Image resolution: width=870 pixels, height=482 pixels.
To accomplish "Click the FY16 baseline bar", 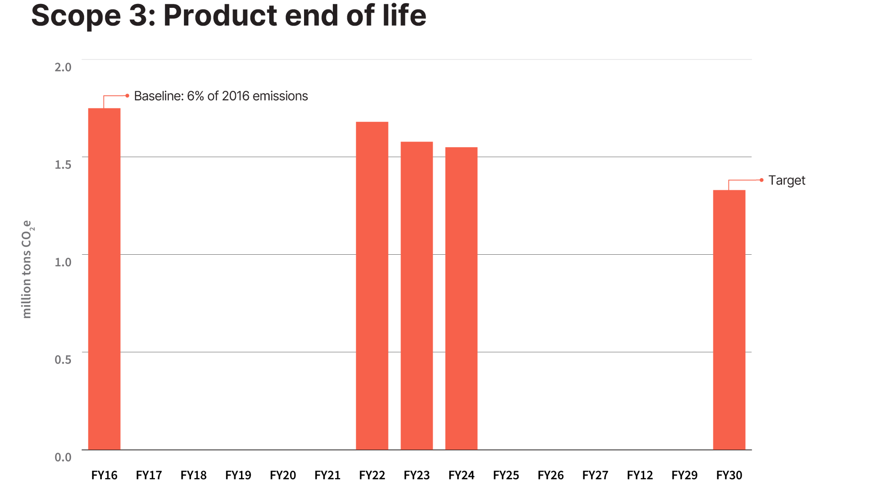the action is tap(104, 279).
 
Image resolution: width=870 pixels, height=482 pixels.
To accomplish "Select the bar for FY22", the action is tap(372, 286).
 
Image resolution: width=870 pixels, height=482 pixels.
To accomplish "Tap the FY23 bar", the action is tap(417, 296).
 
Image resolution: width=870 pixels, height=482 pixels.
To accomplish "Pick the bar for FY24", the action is tap(462, 298).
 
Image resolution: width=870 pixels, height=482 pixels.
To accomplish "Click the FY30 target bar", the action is tap(729, 320).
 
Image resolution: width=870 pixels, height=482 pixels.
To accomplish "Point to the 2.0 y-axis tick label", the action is tap(63, 67).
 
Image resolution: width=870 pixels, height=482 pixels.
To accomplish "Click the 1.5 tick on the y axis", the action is tap(63, 165).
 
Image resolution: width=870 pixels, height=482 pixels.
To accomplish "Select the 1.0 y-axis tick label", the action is tap(63, 262).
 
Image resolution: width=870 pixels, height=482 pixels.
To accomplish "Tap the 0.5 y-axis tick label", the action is tap(63, 360).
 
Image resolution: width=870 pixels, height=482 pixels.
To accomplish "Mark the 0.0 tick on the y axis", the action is tap(63, 457).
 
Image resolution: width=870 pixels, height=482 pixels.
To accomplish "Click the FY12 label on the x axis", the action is tap(640, 475).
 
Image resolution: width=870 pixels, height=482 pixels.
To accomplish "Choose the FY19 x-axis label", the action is tap(238, 475).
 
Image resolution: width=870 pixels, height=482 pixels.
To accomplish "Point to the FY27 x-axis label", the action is tap(595, 475).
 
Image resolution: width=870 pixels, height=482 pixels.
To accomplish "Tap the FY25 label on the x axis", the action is tap(506, 475).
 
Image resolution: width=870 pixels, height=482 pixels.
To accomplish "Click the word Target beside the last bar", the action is tap(787, 180).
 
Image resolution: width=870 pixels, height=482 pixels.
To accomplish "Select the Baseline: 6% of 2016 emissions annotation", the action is tap(221, 96).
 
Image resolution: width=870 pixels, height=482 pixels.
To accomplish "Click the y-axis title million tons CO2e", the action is tap(27, 269).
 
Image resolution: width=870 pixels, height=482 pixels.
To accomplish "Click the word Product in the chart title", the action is tap(220, 15).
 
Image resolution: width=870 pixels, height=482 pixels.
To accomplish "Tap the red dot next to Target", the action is tap(762, 180).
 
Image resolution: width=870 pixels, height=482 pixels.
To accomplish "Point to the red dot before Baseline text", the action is tap(127, 95).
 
